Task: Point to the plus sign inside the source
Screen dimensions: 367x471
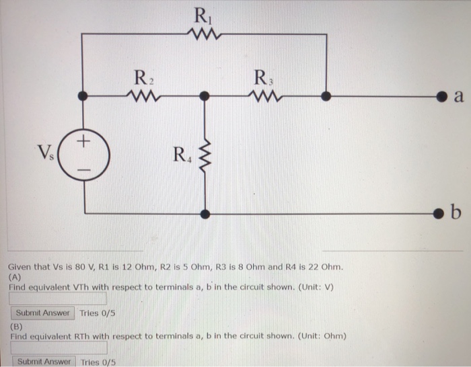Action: (x=83, y=142)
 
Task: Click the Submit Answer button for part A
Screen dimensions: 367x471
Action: (x=42, y=313)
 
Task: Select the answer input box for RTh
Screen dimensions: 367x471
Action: (x=58, y=348)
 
